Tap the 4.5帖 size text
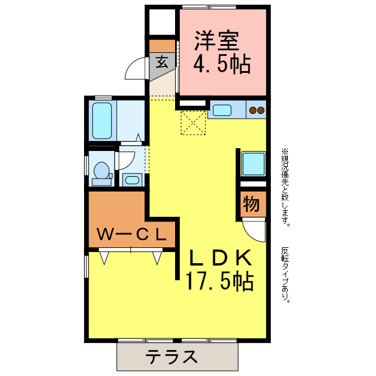click(222, 64)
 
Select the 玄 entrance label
click(162, 61)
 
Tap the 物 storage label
click(251, 204)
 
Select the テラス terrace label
click(172, 357)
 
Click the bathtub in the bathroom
click(102, 121)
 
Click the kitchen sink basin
click(222, 109)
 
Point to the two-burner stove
click(256, 109)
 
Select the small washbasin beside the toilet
click(132, 179)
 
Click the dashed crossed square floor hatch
click(193, 122)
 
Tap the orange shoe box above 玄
click(162, 45)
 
